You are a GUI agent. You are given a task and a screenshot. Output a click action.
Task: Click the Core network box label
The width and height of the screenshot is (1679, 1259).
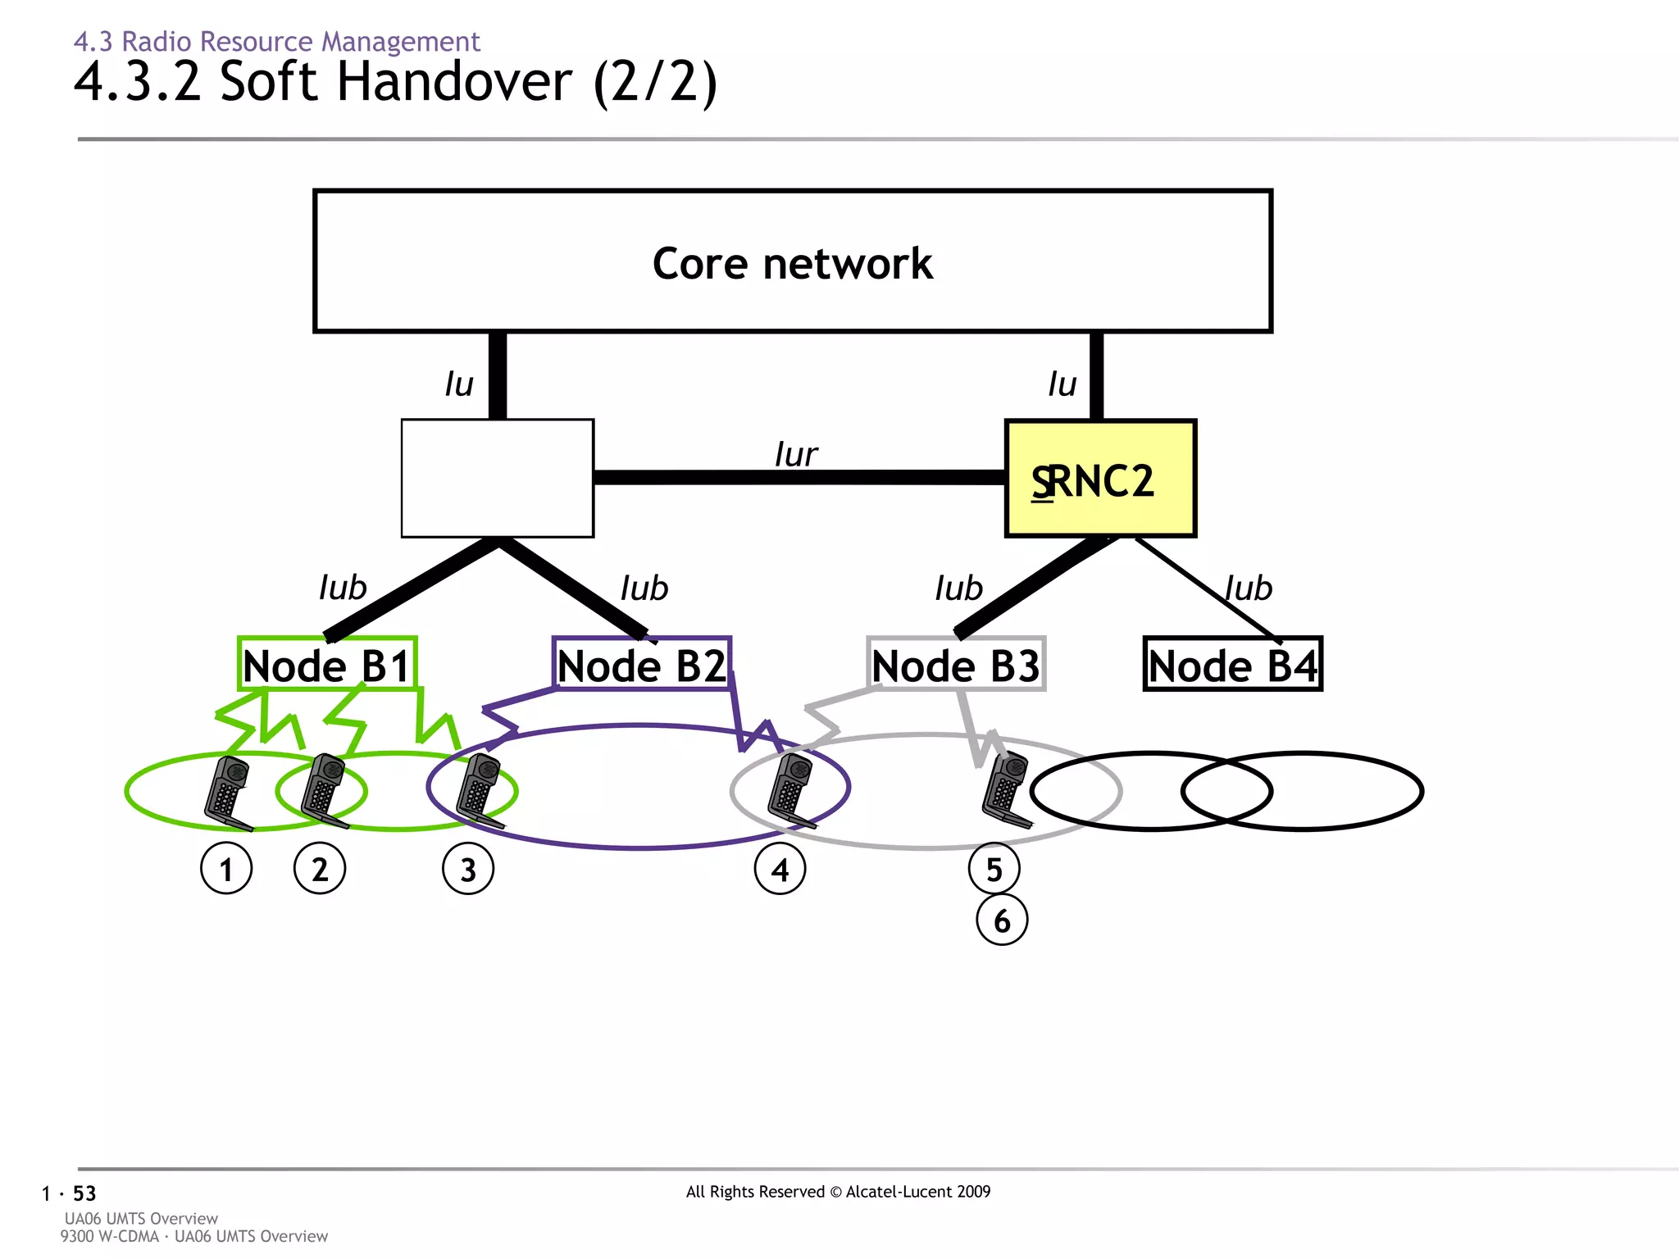tap(792, 263)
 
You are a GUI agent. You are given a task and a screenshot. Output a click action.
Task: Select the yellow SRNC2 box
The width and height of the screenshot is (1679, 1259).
tap(1100, 479)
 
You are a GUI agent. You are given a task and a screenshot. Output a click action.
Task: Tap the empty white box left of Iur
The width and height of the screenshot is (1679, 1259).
tap(497, 478)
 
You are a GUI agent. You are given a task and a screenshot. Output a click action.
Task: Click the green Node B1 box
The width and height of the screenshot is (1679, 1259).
tap(327, 664)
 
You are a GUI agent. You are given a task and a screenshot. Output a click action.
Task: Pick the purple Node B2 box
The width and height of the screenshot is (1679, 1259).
tap(641, 664)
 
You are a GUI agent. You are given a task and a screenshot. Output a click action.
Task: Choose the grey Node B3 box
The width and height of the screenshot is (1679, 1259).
tap(956, 664)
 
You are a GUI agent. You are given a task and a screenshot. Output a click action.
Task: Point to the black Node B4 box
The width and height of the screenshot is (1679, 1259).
tap(1232, 664)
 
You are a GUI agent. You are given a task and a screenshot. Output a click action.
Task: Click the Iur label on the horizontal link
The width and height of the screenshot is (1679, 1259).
tap(795, 454)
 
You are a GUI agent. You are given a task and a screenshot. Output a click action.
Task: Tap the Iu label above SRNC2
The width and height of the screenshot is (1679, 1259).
tap(1062, 384)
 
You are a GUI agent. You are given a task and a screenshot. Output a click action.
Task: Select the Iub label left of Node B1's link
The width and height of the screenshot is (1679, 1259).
tap(342, 588)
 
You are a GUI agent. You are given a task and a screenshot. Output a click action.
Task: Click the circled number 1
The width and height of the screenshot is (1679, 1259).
tap(226, 869)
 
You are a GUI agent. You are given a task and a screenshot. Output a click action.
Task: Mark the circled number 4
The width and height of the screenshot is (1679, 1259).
tap(780, 869)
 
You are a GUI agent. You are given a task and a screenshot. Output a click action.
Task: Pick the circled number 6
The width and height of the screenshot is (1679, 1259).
tap(1002, 920)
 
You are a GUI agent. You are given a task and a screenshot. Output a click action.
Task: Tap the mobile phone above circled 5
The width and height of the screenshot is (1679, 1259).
tap(1006, 789)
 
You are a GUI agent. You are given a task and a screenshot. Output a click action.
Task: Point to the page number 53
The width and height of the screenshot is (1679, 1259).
tap(84, 1193)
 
